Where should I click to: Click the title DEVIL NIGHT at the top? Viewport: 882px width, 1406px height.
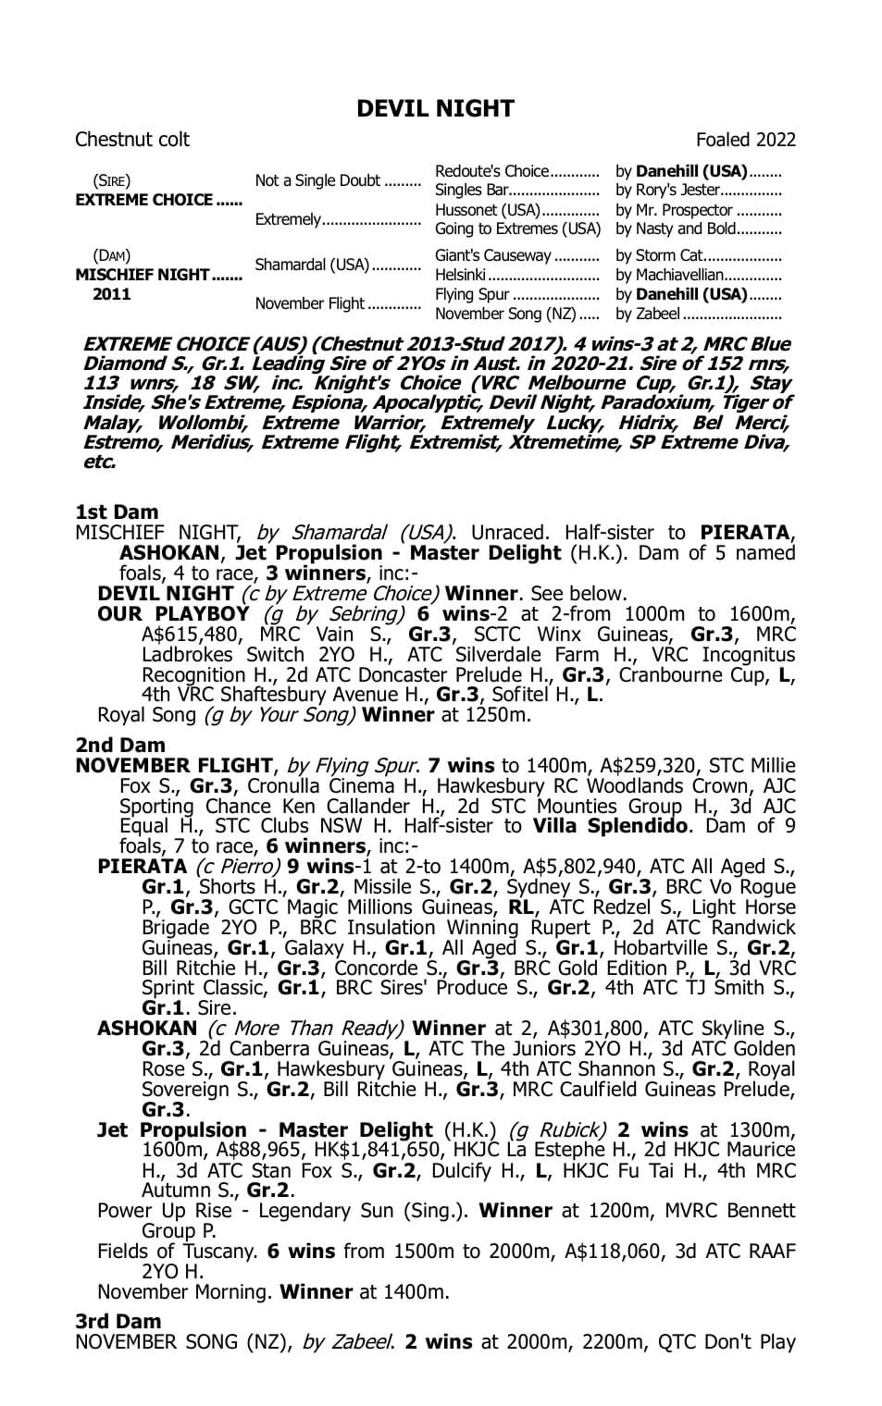click(x=435, y=109)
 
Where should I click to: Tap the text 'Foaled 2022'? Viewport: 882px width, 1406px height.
click(x=745, y=140)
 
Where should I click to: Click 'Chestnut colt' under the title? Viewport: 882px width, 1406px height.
click(x=131, y=140)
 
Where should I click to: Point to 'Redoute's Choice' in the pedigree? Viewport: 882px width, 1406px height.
click(x=491, y=171)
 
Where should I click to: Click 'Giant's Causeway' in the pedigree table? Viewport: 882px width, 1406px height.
click(x=492, y=255)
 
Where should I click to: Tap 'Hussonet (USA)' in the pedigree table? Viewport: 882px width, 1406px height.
click(x=488, y=210)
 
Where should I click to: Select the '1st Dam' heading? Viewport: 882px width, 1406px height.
click(x=117, y=512)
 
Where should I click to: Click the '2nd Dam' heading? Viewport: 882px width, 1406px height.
click(x=120, y=746)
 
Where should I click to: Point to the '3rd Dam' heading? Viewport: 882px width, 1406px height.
click(x=118, y=1322)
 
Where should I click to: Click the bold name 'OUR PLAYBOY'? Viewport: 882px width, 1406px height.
click(x=173, y=614)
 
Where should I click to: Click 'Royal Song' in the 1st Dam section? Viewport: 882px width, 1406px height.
click(x=146, y=715)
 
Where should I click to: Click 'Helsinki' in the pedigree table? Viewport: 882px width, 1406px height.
click(x=460, y=275)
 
